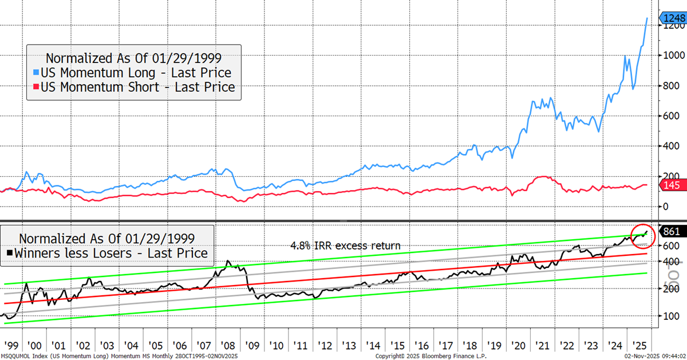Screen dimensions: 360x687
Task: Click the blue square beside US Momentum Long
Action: pyautogui.click(x=37, y=73)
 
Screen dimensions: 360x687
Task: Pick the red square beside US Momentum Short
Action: pyautogui.click(x=37, y=88)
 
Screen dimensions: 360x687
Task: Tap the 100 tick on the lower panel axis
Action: pyautogui.click(x=670, y=316)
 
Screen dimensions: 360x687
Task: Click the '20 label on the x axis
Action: pyautogui.click(x=519, y=346)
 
